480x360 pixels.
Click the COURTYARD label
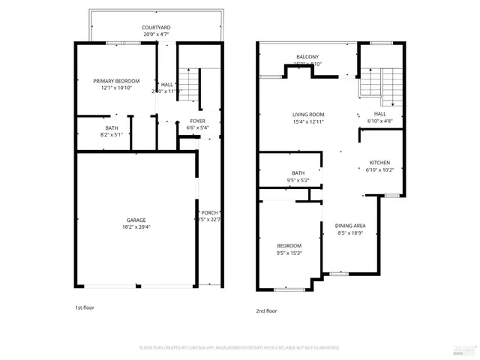coord(156,28)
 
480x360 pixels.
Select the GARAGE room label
coord(136,220)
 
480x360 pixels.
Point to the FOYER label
coord(197,121)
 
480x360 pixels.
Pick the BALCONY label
coord(307,57)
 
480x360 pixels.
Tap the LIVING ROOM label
coord(308,114)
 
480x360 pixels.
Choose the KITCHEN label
coord(380,163)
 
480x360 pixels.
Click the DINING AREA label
coord(350,226)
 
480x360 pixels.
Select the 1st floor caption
coord(84,307)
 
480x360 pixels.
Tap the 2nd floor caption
coord(266,310)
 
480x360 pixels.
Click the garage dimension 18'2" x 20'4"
coord(136,226)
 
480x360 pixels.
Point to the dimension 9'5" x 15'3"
coord(289,253)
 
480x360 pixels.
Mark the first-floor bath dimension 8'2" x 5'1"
coord(112,135)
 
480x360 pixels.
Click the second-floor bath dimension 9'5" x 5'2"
coord(298,180)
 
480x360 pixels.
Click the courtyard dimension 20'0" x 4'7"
coord(156,34)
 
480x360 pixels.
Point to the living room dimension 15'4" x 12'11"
coord(308,121)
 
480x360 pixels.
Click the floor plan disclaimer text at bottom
coord(239,348)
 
